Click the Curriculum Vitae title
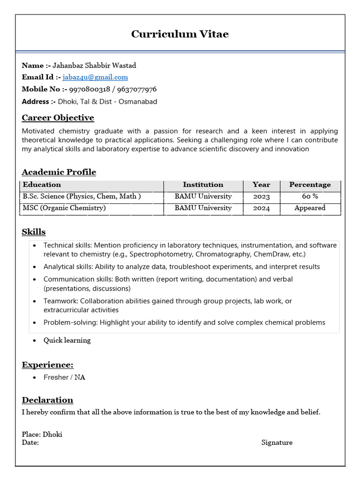pos(180,34)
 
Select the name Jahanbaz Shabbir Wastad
pos(94,65)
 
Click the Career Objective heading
pos(58,118)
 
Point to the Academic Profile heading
pos(59,172)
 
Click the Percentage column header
pos(310,185)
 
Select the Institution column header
pos(203,185)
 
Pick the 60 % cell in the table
pos(310,196)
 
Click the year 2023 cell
pos(261,196)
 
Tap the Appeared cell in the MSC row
pos(310,208)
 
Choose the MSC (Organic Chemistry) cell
pos(65,208)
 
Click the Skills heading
pos(34,232)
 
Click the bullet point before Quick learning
pos(35,341)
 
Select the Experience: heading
pos(48,365)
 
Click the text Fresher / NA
pos(64,377)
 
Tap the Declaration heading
pos(47,400)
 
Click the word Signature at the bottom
pos(277,442)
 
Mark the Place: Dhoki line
pos(42,435)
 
